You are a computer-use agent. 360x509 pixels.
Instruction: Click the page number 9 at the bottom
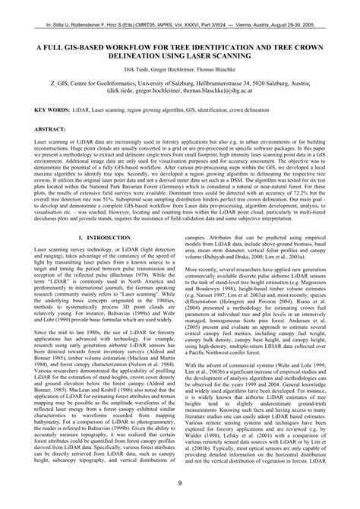(180, 483)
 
